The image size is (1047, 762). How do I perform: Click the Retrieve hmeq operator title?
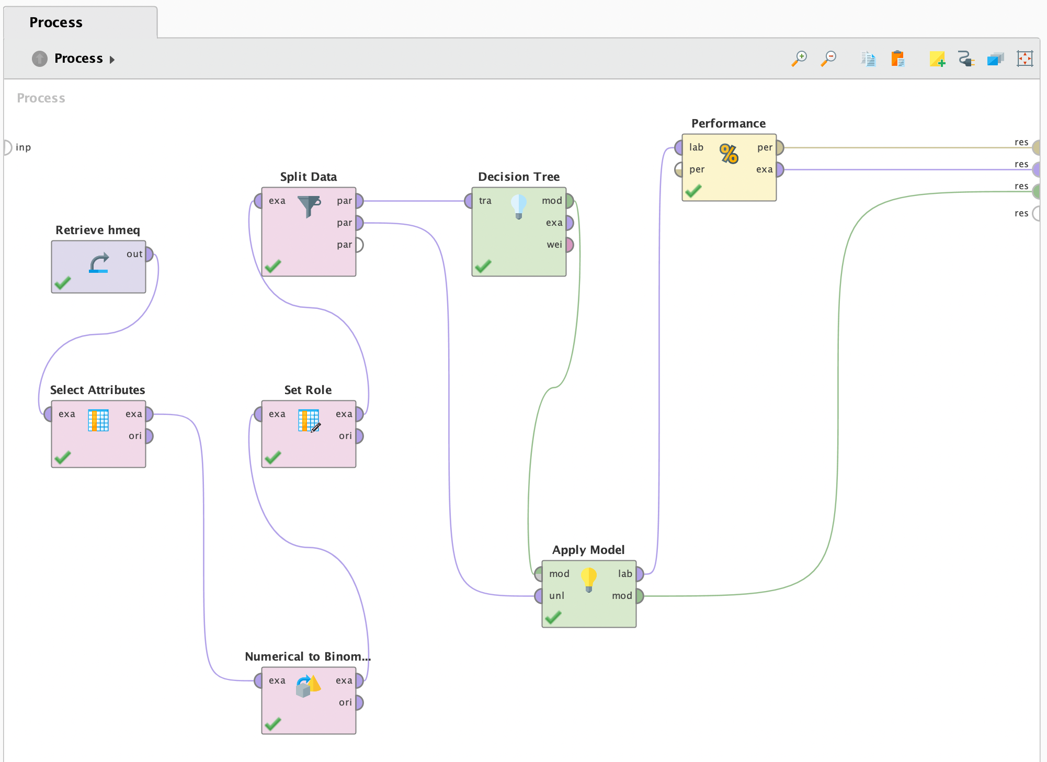[98, 230]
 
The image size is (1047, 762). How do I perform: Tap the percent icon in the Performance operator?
[729, 154]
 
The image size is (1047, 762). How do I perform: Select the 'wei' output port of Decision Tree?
[570, 245]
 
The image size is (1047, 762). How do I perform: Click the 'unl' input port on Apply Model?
[539, 596]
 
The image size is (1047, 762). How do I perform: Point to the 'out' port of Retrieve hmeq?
[149, 254]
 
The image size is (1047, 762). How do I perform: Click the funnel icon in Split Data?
[309, 206]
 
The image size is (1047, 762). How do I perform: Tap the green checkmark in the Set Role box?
[273, 457]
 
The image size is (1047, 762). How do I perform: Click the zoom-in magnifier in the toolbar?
[799, 58]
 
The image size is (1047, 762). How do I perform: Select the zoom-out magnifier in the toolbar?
[828, 58]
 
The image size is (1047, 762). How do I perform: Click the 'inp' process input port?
[7, 147]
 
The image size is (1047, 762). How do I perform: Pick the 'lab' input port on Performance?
[679, 147]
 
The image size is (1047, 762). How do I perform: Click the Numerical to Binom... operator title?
[308, 656]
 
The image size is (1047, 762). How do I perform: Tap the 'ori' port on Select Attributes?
[149, 436]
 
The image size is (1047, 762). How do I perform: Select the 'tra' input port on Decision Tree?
[469, 201]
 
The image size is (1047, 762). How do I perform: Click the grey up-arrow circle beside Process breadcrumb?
[40, 59]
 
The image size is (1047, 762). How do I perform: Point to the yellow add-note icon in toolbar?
[937, 59]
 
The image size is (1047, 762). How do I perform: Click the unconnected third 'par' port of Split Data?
[359, 245]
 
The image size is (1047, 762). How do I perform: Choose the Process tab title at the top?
[56, 22]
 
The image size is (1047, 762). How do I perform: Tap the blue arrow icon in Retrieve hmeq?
[99, 263]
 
